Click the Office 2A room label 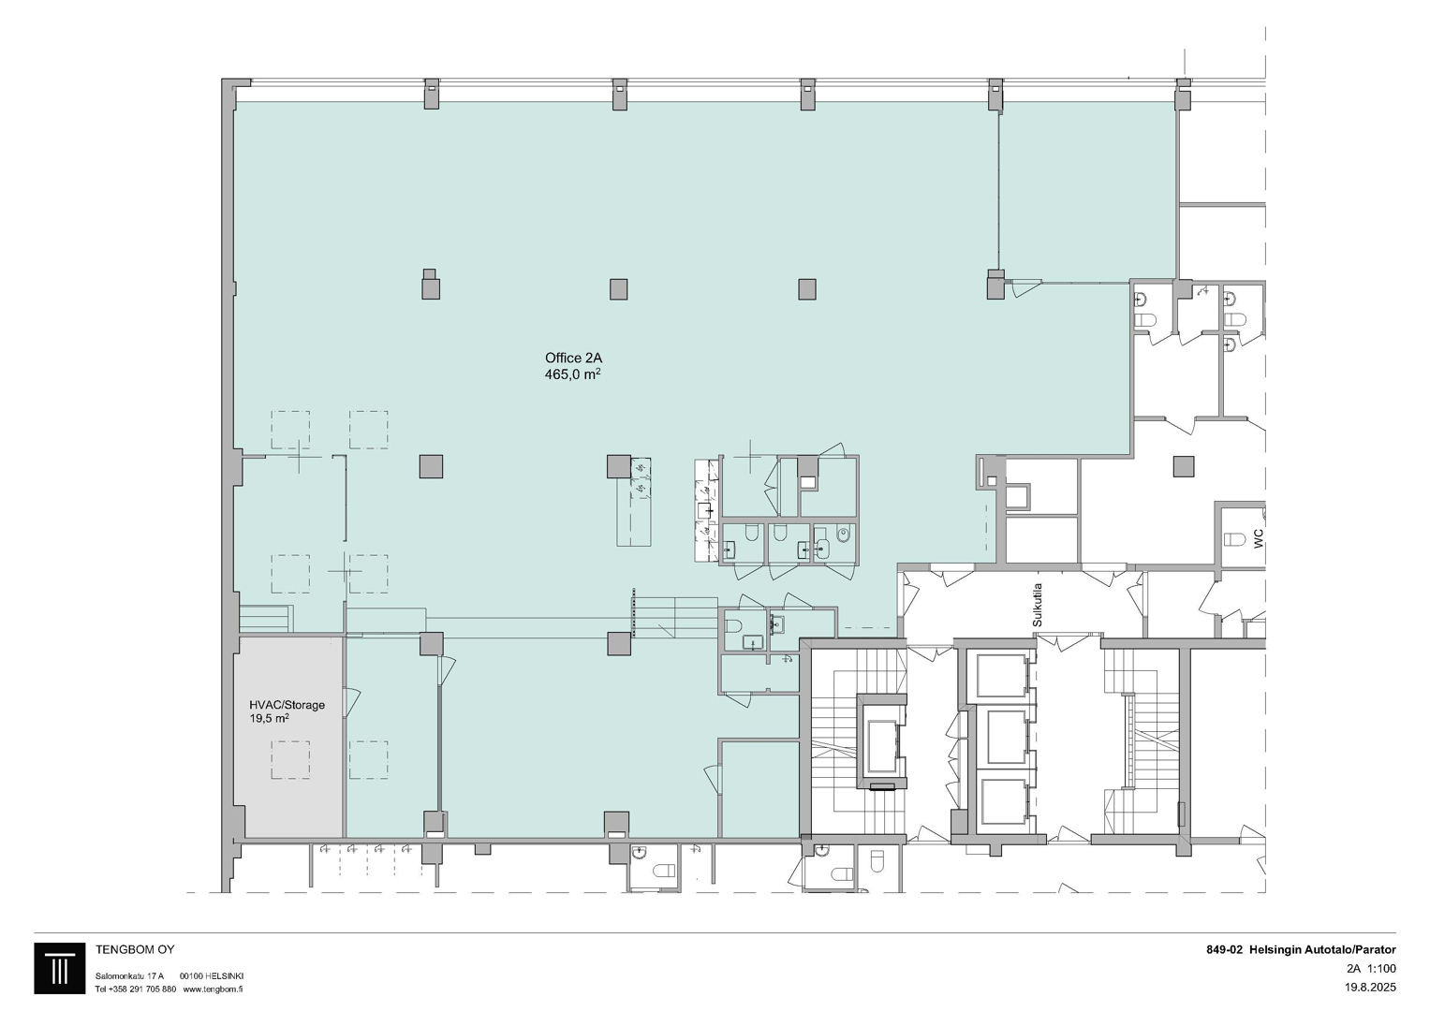573,358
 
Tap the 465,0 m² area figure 572,374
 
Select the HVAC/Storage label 287,705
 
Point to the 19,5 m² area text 269,719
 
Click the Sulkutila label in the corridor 1038,605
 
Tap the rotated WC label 1259,538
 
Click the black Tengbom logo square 59,968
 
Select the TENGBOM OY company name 135,950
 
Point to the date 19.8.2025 1370,987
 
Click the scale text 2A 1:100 1371,968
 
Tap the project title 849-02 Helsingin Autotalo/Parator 1301,950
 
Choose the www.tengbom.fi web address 213,989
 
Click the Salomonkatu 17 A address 129,975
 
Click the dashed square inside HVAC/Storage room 290,759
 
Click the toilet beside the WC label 1234,540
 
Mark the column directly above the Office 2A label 619,289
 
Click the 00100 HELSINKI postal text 212,975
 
